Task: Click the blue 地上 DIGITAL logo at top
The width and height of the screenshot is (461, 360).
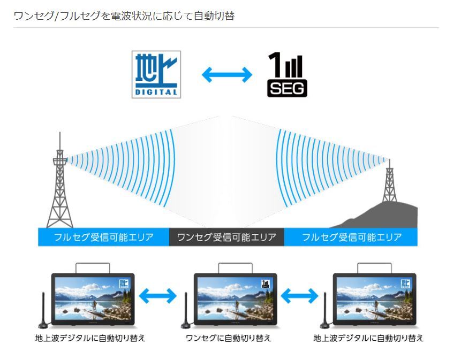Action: coord(156,74)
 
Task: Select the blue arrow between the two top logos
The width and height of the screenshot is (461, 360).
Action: coord(226,74)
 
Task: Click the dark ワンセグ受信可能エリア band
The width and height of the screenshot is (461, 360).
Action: coord(226,237)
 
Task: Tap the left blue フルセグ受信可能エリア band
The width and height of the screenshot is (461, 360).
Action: coord(103,237)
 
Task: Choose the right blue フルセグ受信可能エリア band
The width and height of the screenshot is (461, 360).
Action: coord(351,237)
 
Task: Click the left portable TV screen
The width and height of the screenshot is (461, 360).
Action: coord(93,297)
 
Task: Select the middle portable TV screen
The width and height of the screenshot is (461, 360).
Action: coord(235,297)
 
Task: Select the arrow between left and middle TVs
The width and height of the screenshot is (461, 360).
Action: coord(157,295)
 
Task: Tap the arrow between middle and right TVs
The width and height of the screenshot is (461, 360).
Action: coord(299,295)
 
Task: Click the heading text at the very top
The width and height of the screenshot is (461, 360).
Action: coord(124,16)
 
